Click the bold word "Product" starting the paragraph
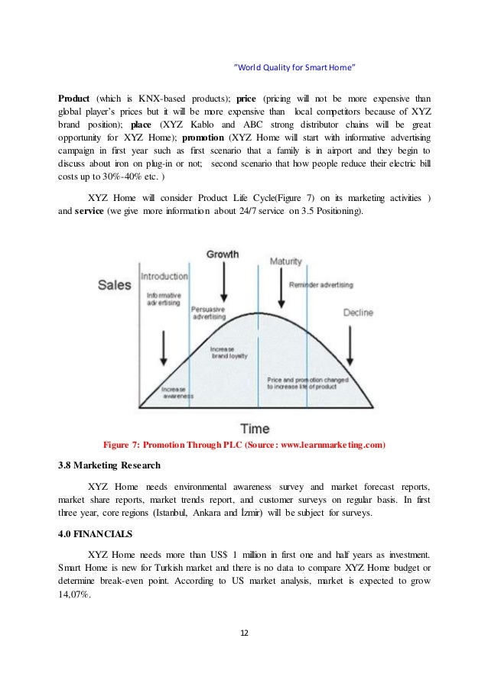pyautogui.click(x=75, y=98)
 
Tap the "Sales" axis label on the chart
pyautogui.click(x=114, y=285)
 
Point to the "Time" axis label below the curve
pyautogui.click(x=255, y=429)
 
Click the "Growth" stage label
pyautogui.click(x=223, y=254)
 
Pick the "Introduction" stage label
pyautogui.click(x=164, y=276)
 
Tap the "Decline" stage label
pyautogui.click(x=357, y=313)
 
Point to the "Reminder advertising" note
pyautogui.click(x=320, y=285)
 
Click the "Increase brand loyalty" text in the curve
pyautogui.click(x=227, y=353)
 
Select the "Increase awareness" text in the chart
pyautogui.click(x=177, y=394)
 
